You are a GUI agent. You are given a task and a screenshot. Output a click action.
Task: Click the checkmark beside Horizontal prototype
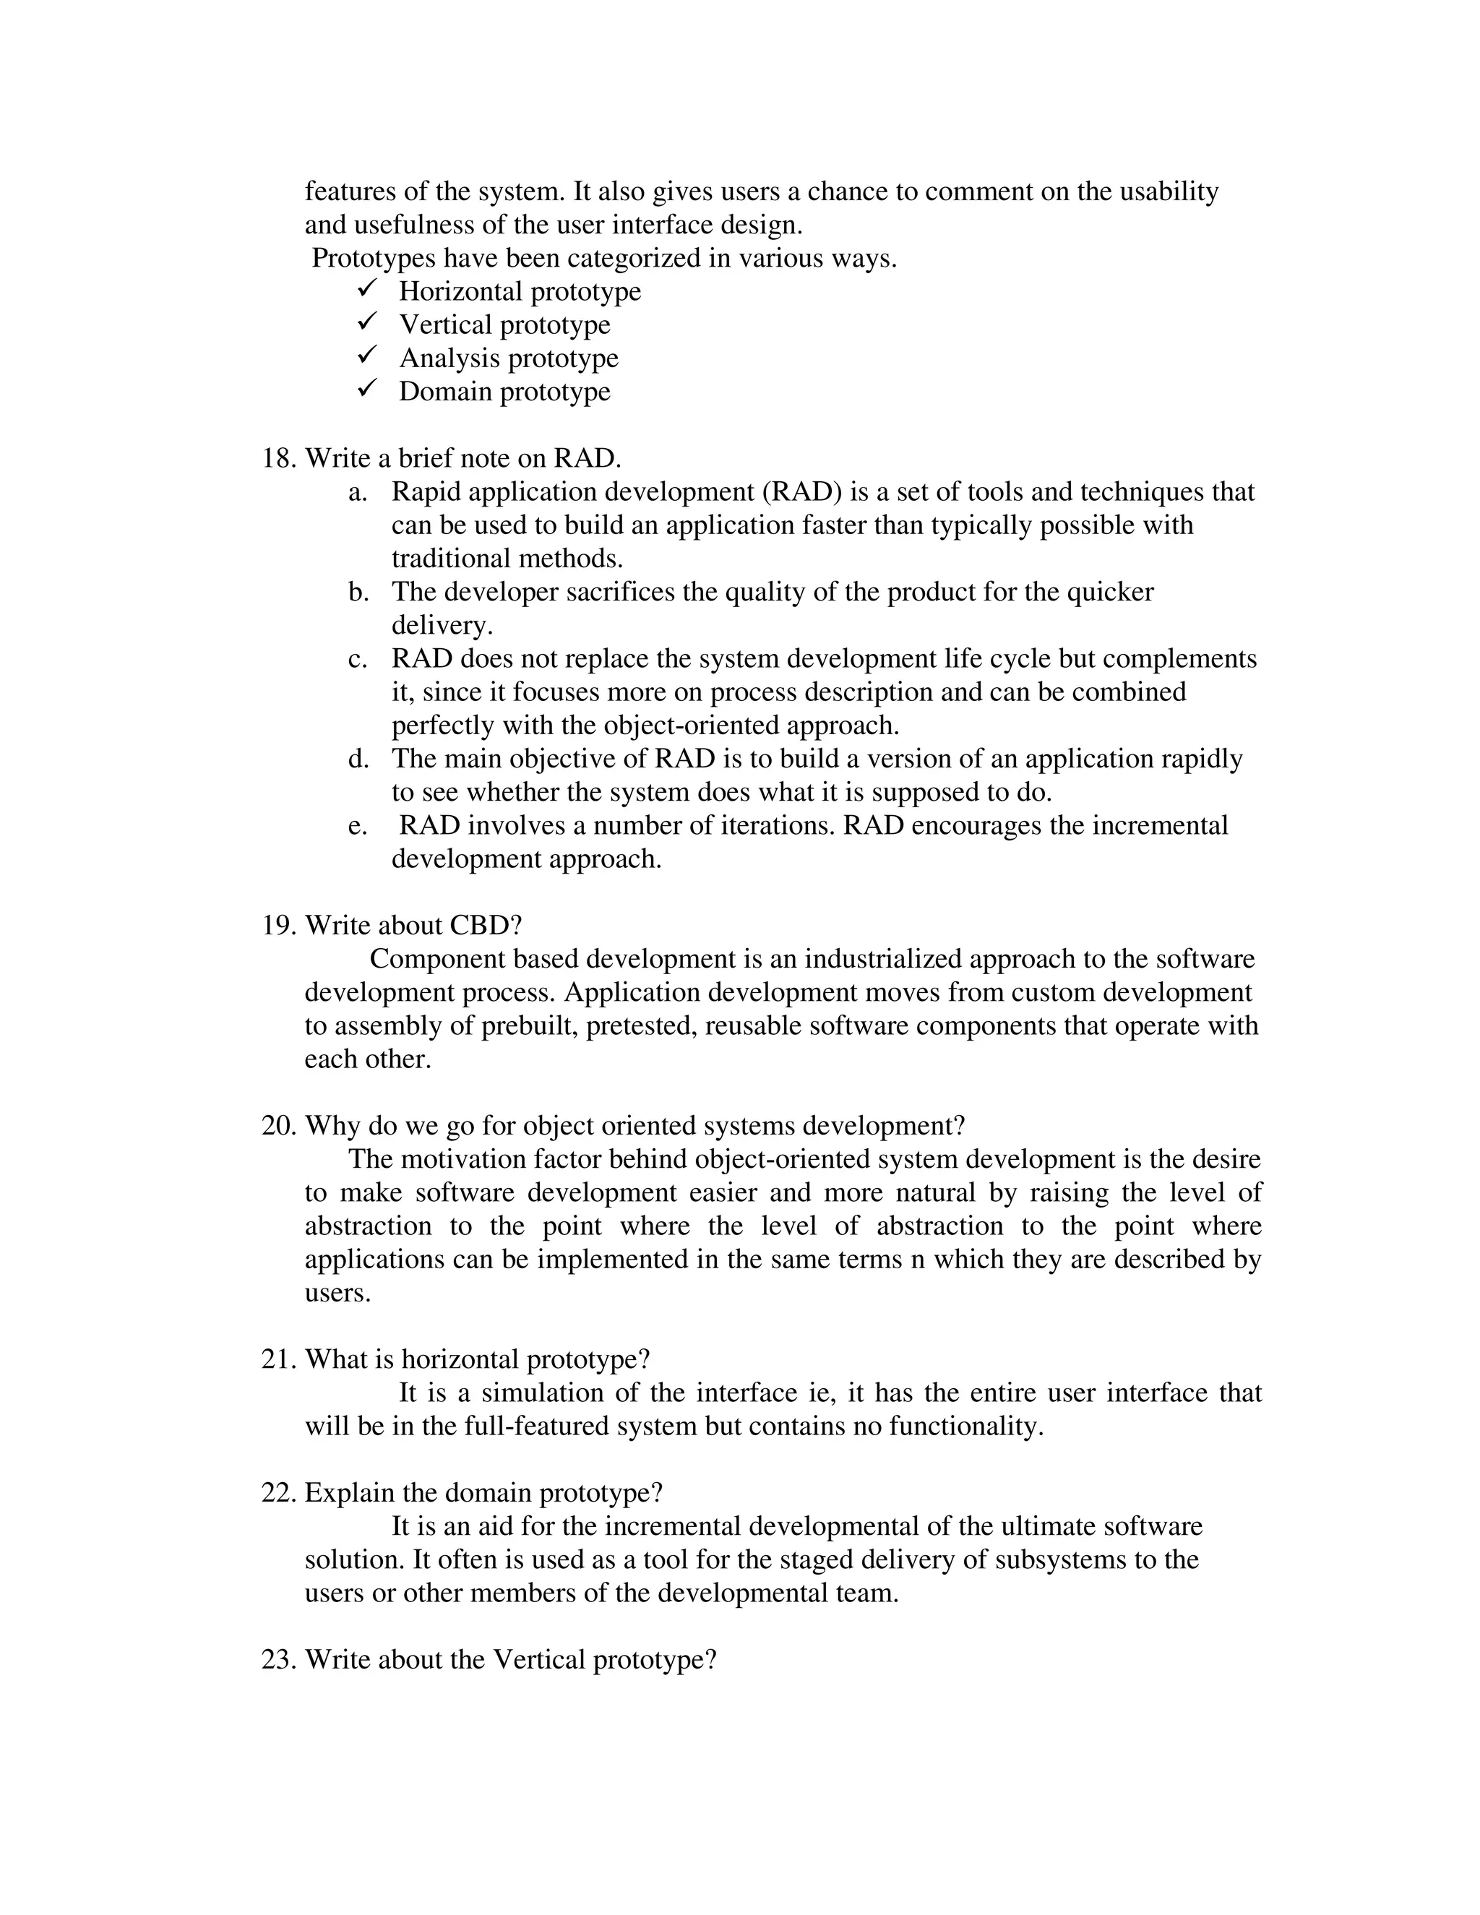(367, 288)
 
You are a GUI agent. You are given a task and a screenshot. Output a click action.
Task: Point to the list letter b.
(358, 592)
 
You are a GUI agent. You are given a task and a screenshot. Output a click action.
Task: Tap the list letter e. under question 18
(358, 825)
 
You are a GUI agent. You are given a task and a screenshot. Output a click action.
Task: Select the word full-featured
(537, 1426)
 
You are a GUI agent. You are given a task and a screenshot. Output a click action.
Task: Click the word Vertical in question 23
(539, 1659)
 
